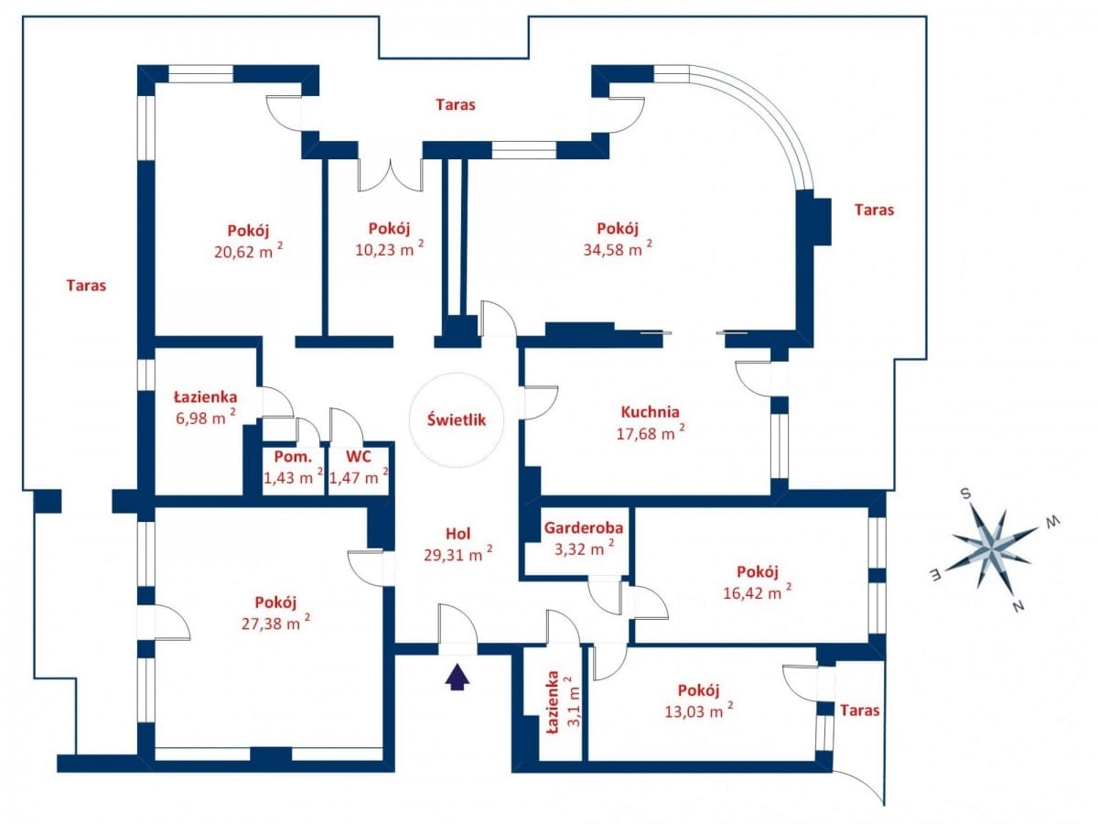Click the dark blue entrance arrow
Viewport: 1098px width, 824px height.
point(457,676)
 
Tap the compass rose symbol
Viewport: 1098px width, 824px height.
point(993,547)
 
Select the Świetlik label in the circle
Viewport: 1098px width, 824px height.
point(455,420)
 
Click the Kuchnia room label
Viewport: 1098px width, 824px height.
point(650,412)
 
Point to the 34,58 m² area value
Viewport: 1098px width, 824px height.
point(618,249)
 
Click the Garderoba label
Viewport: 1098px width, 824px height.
point(584,527)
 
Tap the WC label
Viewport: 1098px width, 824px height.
point(358,456)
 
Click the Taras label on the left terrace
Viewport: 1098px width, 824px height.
point(86,285)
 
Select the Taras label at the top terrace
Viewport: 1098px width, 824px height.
point(455,104)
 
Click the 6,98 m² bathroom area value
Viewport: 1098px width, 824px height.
point(202,419)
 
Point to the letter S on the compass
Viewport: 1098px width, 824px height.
point(964,493)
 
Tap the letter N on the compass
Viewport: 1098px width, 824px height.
point(1017,606)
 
